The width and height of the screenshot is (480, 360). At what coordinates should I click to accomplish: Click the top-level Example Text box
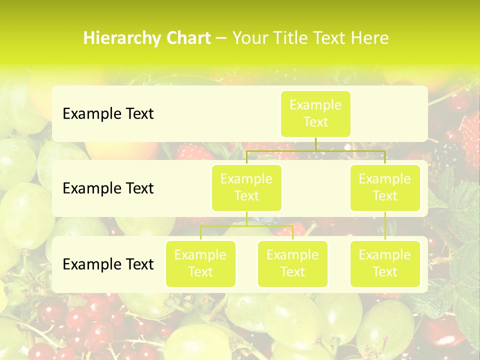click(x=315, y=113)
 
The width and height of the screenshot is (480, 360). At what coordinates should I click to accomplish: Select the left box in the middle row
click(x=246, y=187)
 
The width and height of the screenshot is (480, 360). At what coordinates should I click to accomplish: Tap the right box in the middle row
click(x=385, y=187)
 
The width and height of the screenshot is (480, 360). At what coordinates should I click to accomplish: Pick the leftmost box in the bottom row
click(x=200, y=263)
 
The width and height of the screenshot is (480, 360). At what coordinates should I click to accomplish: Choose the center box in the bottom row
click(x=292, y=263)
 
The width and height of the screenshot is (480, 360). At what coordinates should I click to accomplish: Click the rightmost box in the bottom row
click(x=385, y=263)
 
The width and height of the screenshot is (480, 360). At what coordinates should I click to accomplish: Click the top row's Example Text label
click(x=108, y=114)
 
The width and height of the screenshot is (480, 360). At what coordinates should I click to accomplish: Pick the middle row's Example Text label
click(x=108, y=188)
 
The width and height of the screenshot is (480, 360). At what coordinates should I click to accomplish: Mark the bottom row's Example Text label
click(x=108, y=264)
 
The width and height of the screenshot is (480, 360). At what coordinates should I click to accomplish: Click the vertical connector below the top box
click(x=315, y=144)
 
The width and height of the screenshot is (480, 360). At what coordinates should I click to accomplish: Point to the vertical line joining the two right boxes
click(x=385, y=225)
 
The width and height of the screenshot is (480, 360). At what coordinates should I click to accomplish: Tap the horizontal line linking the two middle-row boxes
click(x=315, y=150)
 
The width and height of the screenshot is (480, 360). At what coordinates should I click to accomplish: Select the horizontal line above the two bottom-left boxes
click(x=246, y=225)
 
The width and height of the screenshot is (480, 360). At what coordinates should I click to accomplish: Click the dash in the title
click(x=221, y=38)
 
